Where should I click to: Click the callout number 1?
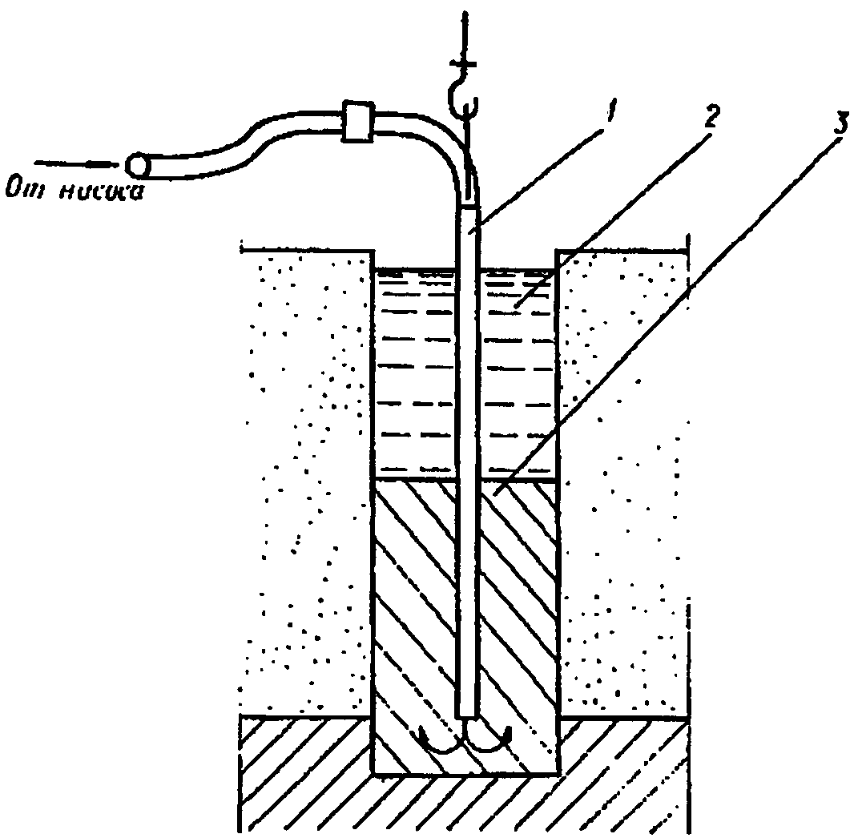pos(610,115)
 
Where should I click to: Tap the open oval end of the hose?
pos(136,164)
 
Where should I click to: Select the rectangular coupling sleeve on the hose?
pos(355,123)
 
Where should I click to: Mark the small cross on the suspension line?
pos(462,63)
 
